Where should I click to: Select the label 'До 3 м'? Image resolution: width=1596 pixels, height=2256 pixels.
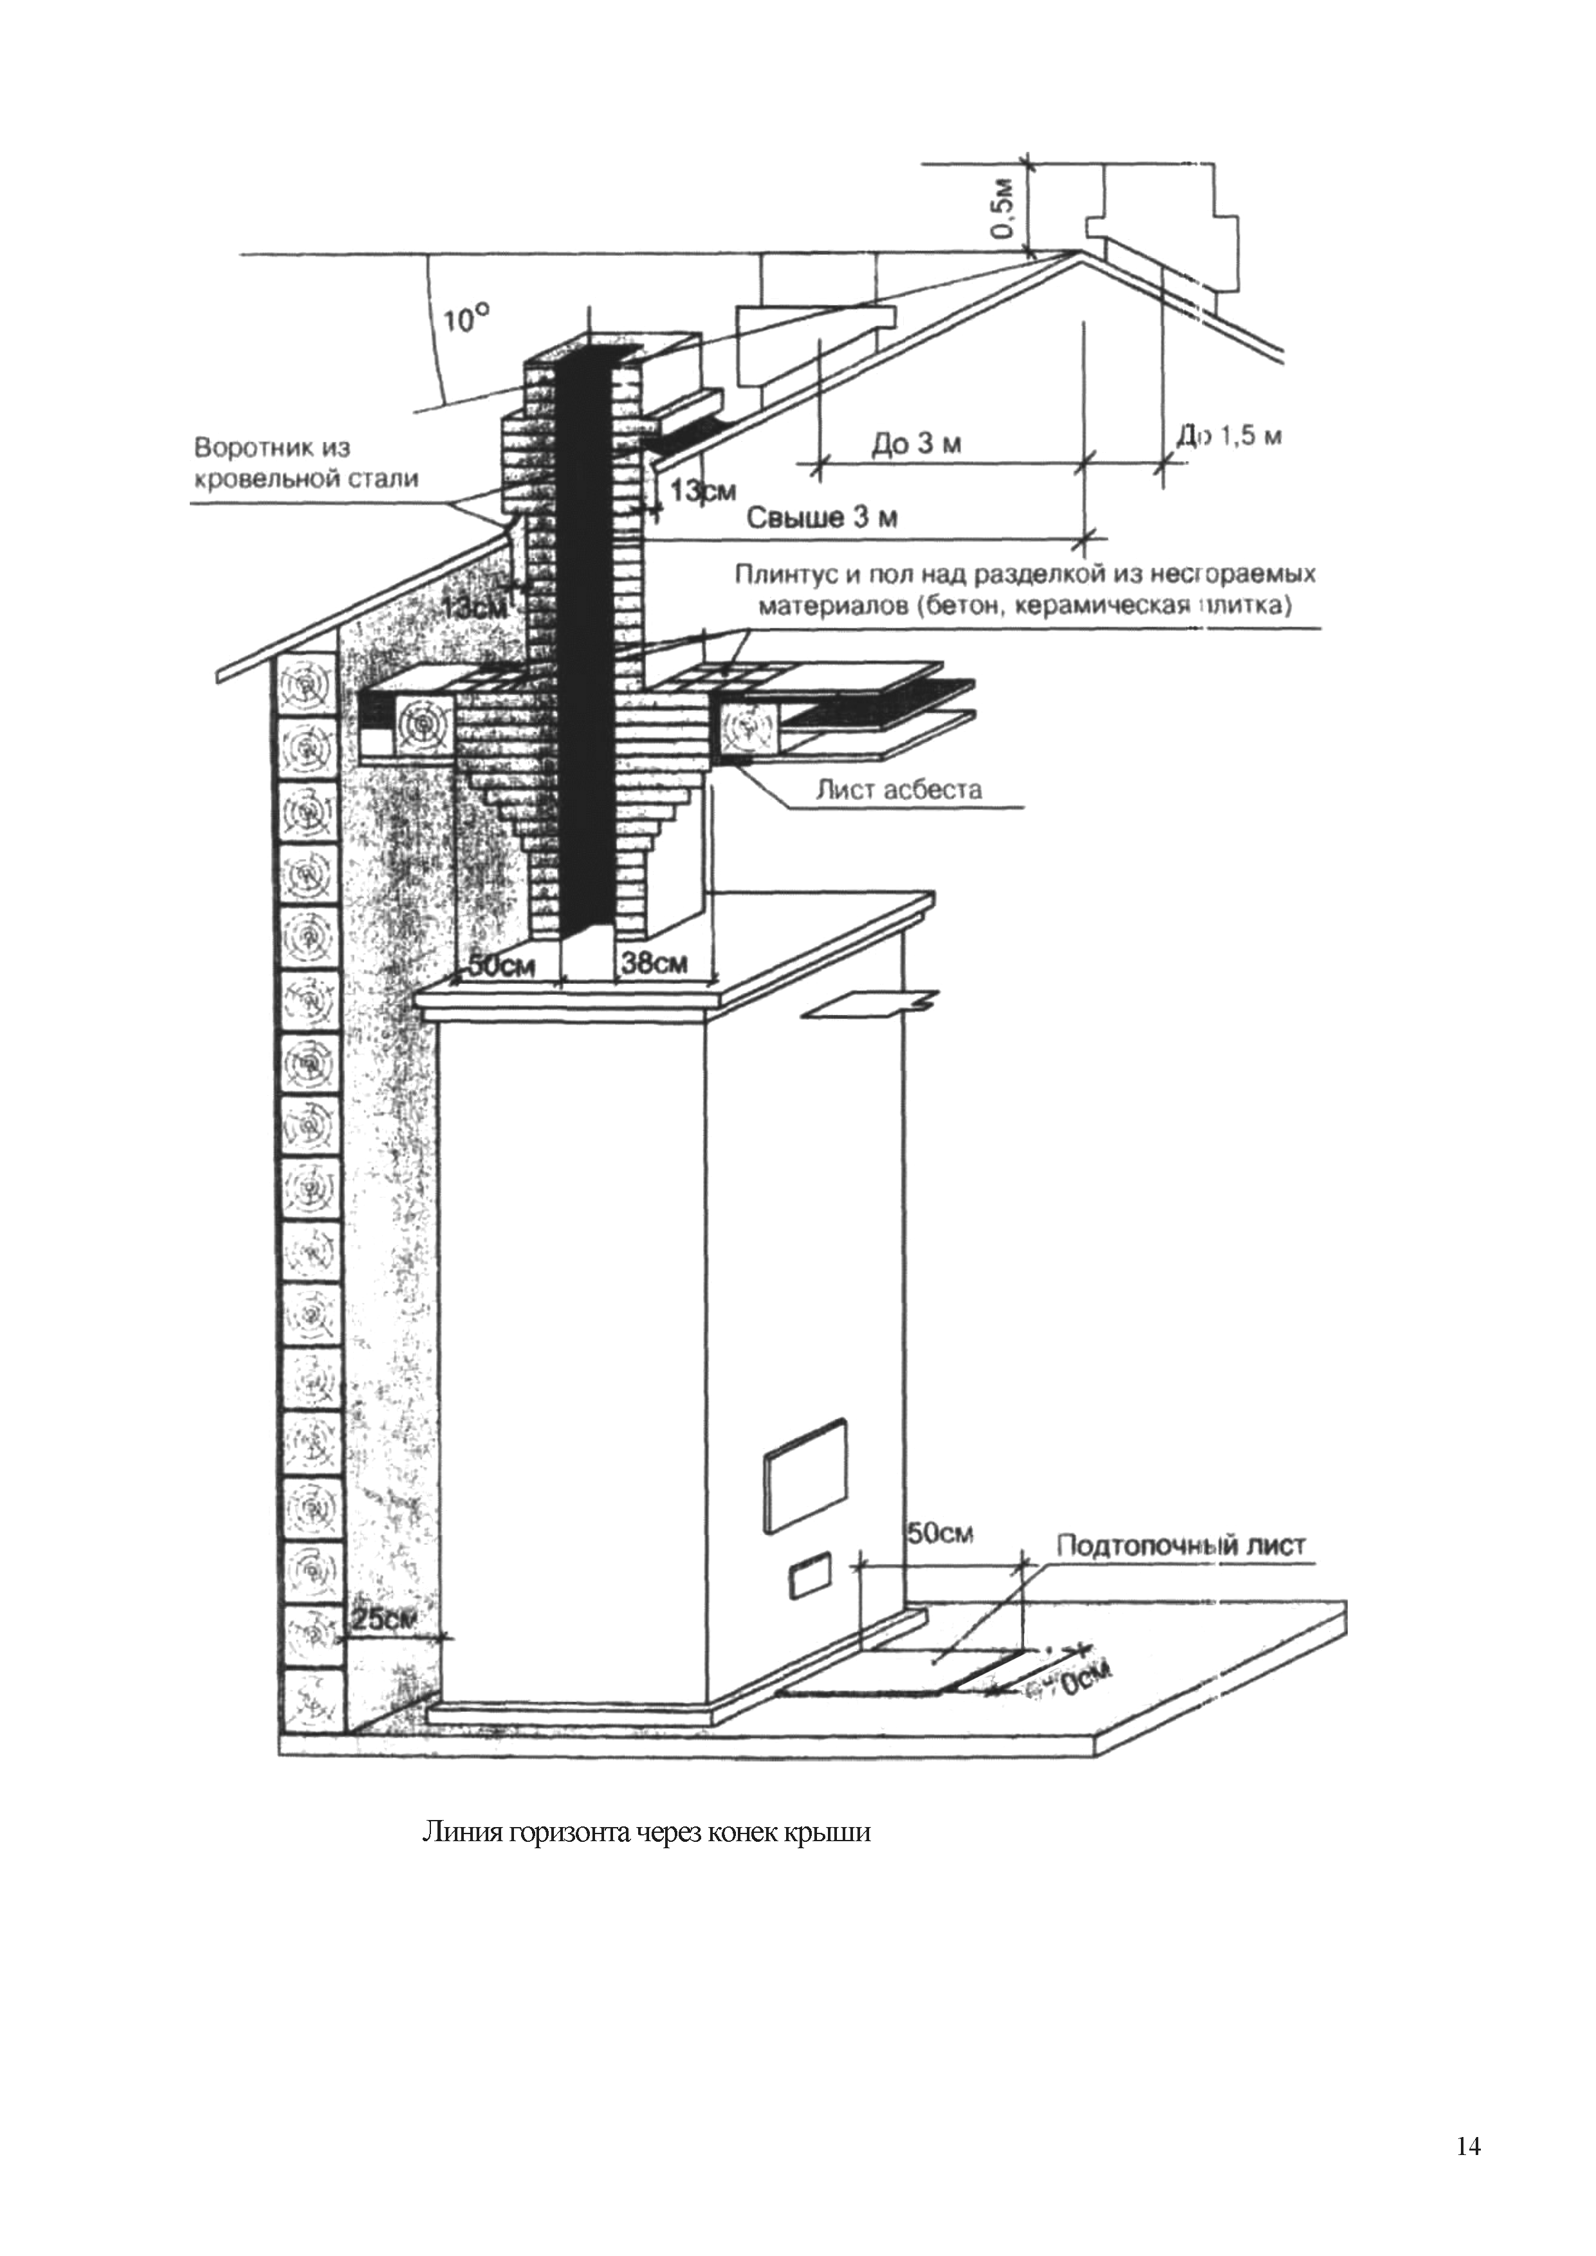916,445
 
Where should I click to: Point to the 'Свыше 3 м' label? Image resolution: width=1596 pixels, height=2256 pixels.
823,518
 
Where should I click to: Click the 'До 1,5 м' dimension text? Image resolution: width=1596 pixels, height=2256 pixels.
1229,435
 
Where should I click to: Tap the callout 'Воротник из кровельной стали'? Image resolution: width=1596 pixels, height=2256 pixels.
307,464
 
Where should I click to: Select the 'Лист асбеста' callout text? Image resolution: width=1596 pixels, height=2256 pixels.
898,789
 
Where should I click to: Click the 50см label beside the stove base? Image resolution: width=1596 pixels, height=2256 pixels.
939,1534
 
